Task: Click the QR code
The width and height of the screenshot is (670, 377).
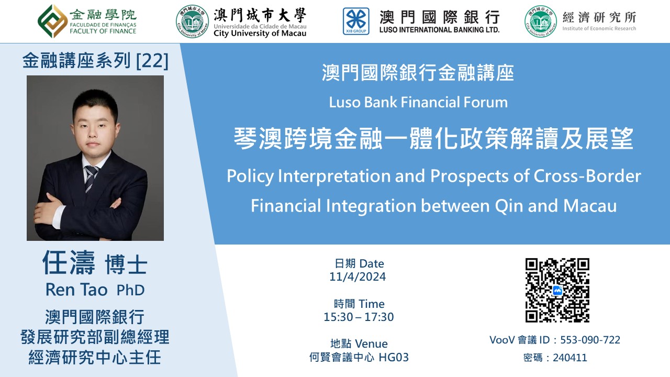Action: click(557, 290)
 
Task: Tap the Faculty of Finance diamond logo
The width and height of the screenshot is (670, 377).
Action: click(53, 21)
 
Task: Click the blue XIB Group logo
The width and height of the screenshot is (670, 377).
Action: click(356, 21)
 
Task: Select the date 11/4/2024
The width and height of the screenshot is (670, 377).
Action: click(358, 277)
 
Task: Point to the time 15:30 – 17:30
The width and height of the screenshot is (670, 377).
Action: click(359, 317)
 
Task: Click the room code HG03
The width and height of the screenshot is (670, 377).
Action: click(394, 357)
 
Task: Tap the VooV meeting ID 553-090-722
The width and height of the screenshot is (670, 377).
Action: click(590, 340)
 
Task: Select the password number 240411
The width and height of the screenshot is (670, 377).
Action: click(570, 358)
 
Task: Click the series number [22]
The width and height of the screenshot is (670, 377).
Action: click(152, 61)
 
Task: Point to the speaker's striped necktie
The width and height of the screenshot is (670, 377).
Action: click(91, 179)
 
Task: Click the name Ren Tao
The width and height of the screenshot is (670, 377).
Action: click(76, 290)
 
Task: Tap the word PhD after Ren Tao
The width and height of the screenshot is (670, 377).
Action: click(130, 290)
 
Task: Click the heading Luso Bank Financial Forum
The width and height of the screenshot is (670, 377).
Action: click(418, 102)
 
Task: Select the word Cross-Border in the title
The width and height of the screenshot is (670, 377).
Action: click(587, 176)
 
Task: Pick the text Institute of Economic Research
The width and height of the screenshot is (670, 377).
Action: click(599, 28)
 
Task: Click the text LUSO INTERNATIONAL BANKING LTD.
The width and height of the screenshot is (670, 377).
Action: click(439, 30)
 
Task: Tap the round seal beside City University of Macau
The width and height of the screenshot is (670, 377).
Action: click(192, 21)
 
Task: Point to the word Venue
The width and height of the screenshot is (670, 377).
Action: click(371, 344)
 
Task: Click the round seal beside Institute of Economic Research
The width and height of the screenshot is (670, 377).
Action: click(541, 21)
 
